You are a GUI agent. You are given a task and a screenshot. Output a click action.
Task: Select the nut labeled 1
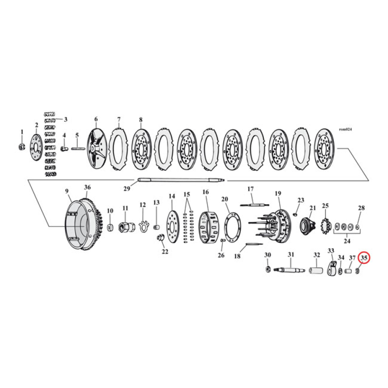(21, 146)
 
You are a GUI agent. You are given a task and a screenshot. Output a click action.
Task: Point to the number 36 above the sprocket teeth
(87, 188)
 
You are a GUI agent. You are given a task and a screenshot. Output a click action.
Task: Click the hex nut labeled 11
(125, 226)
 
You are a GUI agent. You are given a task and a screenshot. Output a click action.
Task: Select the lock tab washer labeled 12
(143, 226)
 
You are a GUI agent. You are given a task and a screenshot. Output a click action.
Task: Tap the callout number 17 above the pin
(251, 189)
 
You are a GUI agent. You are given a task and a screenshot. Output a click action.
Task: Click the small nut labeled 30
(268, 269)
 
